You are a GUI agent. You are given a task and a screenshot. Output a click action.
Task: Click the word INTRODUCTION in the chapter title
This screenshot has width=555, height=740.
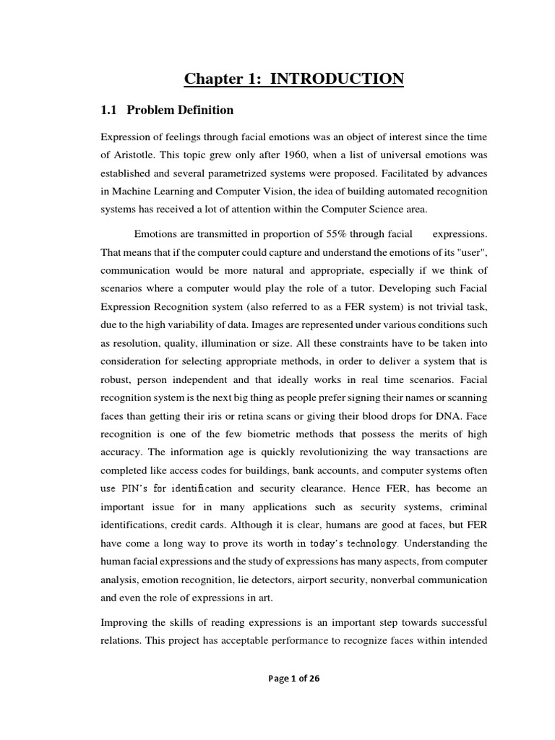coord(337,79)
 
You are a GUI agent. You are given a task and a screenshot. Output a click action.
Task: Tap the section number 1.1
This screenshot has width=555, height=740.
coord(108,111)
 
